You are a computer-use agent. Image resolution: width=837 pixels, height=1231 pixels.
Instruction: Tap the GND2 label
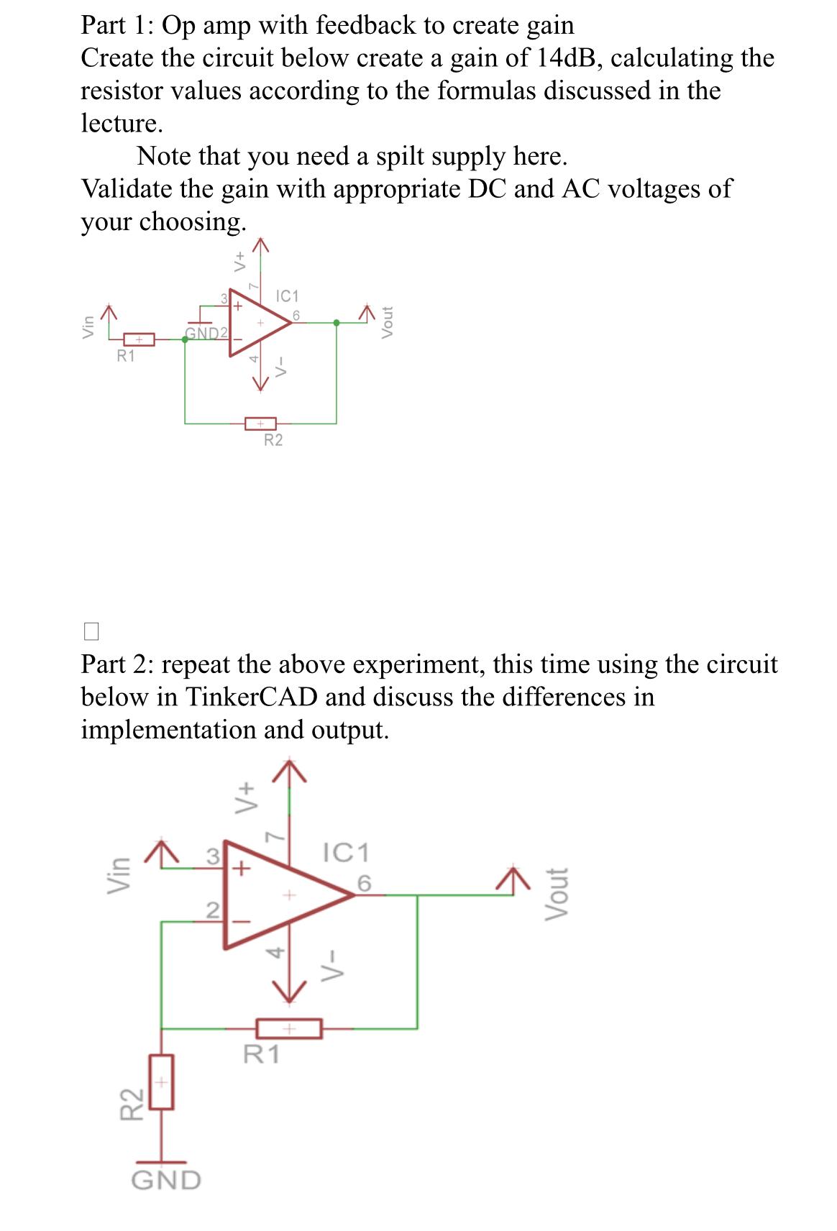[x=206, y=333]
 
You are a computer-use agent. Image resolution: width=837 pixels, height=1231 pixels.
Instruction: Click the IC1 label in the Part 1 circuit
[x=288, y=296]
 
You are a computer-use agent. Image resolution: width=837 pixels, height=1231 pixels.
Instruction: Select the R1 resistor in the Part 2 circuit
[x=288, y=1029]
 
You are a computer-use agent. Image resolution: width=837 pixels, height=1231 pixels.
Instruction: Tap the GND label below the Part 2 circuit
[x=167, y=1180]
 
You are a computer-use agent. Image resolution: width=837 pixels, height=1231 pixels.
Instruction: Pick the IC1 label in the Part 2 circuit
[x=347, y=853]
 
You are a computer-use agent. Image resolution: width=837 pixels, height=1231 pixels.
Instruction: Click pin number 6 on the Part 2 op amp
[x=364, y=882]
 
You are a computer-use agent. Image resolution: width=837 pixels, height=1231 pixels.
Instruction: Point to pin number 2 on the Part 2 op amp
[x=211, y=910]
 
